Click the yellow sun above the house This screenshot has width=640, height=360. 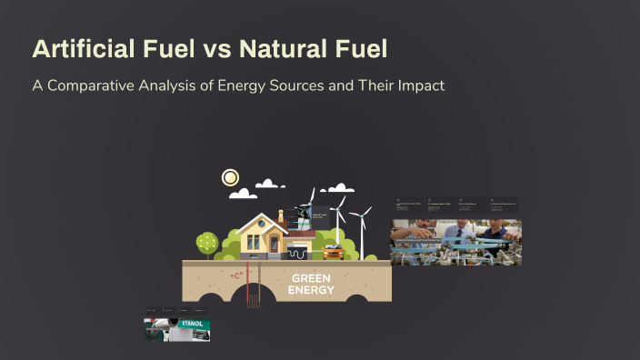pos(231,177)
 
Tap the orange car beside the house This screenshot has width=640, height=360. pos(334,252)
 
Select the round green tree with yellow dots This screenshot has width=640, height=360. pos(207,242)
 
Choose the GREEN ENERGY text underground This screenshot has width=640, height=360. pos(312,285)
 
